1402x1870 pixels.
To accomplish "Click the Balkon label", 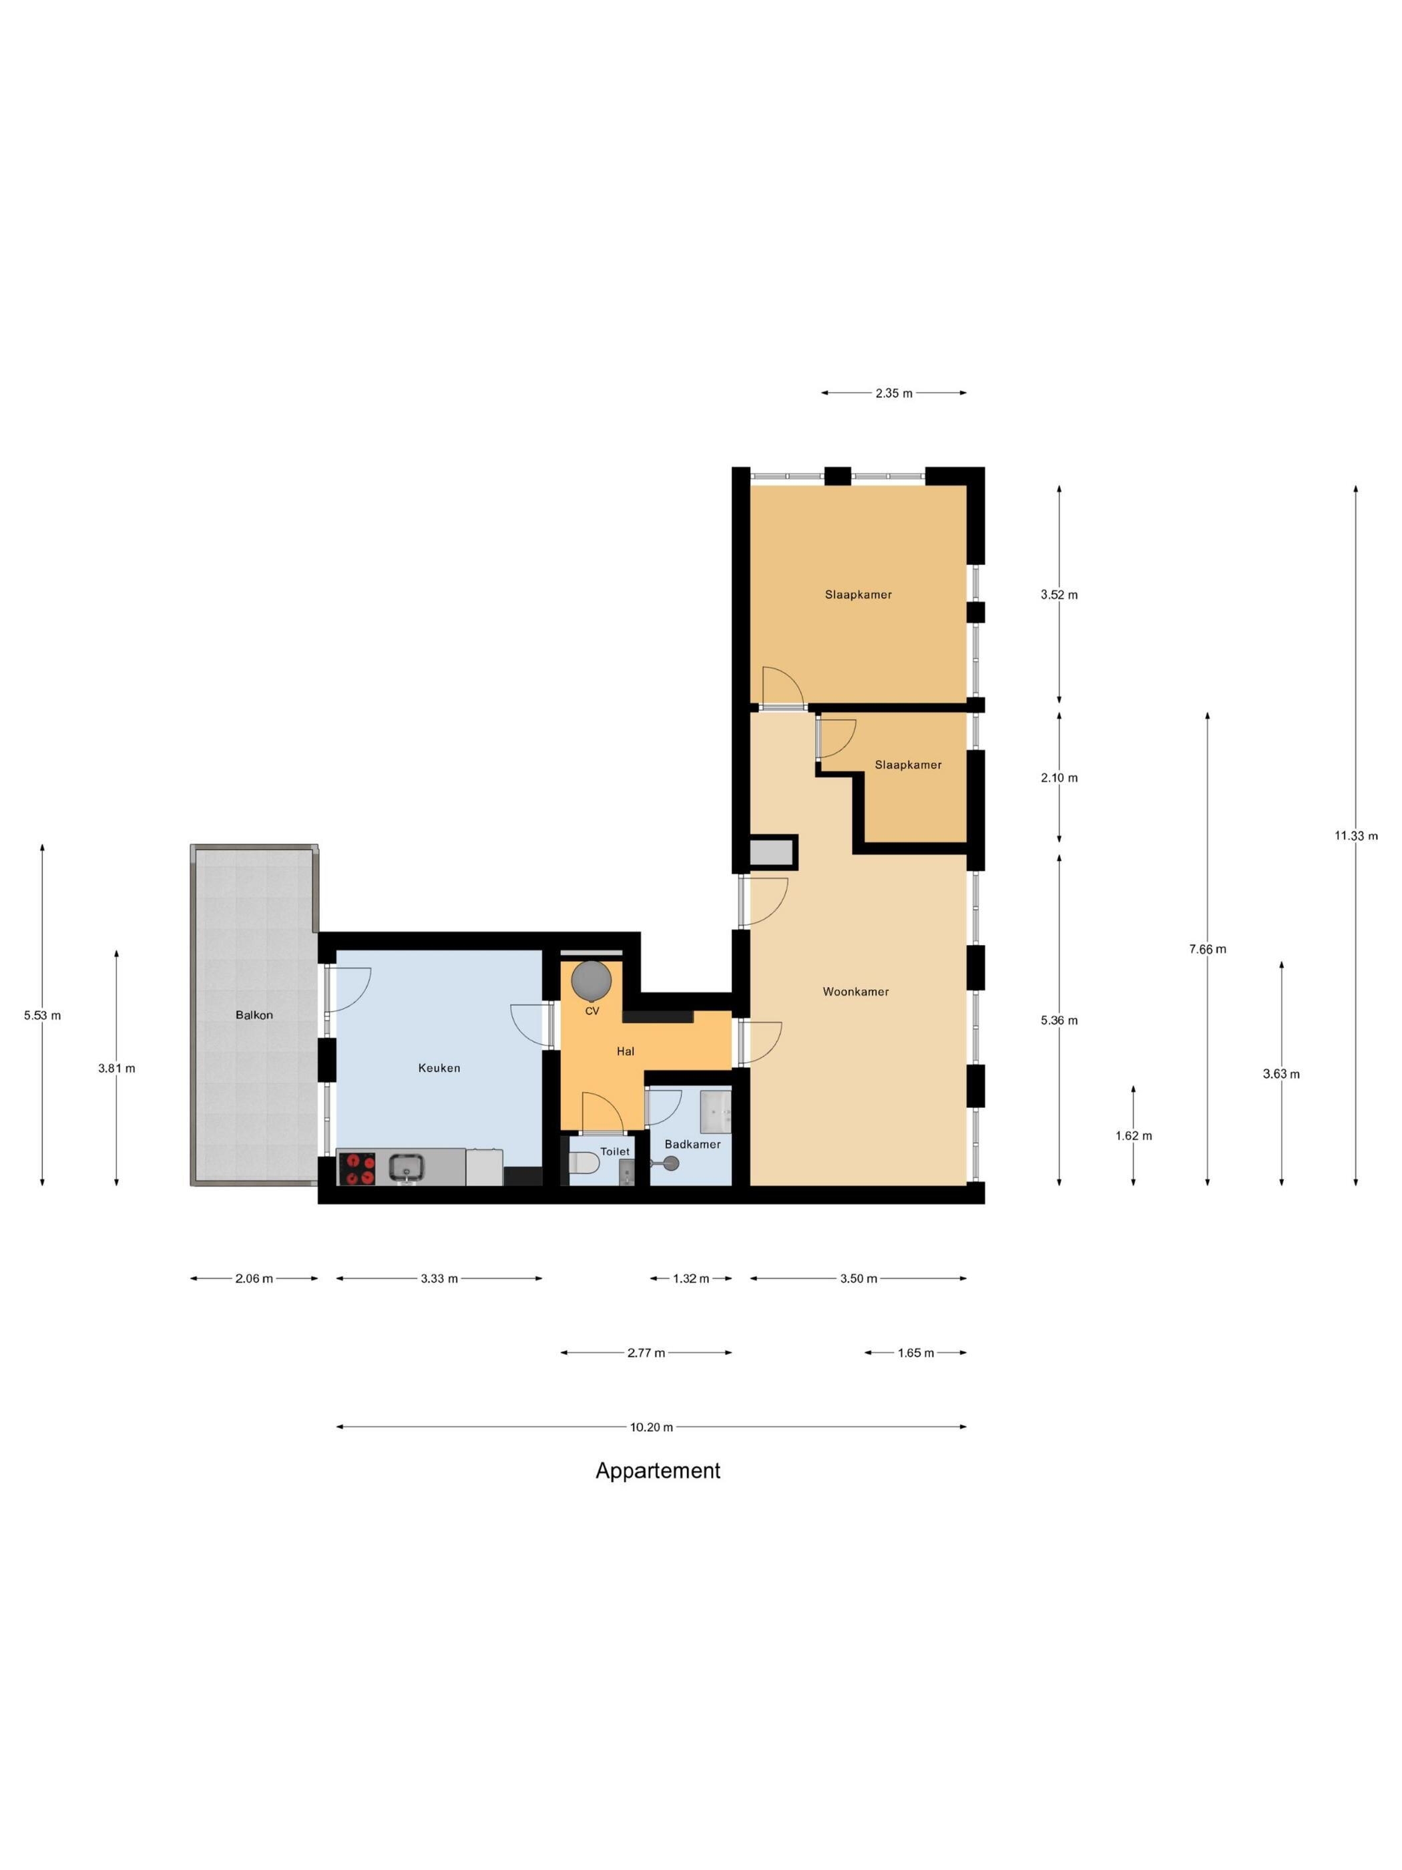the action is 254,1015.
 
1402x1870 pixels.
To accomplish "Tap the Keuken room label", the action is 439,1068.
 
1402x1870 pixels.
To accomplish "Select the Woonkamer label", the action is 856,992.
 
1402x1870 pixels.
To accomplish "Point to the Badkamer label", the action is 693,1145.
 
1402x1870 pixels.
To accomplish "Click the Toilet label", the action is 616,1151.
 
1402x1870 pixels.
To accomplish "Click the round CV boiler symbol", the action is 592,980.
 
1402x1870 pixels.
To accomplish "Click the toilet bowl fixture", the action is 586,1164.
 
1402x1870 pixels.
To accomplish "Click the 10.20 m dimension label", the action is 652,1427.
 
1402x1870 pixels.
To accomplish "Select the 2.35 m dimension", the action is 894,393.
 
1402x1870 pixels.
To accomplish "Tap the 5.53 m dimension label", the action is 42,1015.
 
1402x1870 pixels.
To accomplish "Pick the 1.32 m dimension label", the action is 691,1278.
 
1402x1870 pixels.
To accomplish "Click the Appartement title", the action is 658,1471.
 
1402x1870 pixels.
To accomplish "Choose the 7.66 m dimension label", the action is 1208,950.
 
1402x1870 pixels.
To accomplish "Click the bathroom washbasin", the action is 716,1110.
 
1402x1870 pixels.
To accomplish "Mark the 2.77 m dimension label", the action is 646,1352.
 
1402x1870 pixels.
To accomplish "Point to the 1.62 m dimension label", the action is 1133,1136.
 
